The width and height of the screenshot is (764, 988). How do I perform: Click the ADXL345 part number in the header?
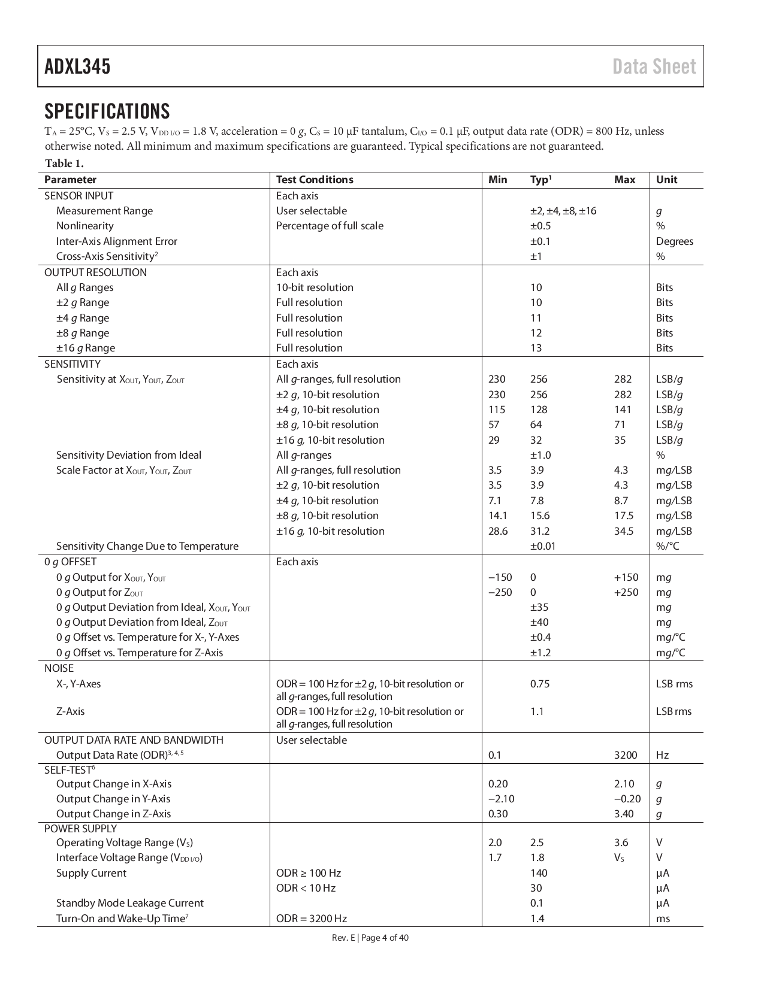click(x=77, y=66)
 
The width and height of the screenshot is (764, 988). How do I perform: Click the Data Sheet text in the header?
click(x=654, y=66)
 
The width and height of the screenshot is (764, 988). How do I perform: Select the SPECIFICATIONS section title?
click(x=107, y=111)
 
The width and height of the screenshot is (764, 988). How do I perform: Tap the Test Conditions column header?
click(x=315, y=180)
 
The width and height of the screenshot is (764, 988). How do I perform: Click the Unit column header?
click(x=666, y=180)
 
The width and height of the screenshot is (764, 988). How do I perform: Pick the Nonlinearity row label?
click(x=84, y=226)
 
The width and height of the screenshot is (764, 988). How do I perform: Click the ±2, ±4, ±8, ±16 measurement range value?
click(x=563, y=211)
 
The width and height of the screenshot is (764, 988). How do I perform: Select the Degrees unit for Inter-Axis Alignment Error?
click(x=674, y=241)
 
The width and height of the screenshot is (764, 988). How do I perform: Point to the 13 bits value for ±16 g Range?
click(x=536, y=348)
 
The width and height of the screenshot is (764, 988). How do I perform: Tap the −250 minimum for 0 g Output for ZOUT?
click(x=500, y=592)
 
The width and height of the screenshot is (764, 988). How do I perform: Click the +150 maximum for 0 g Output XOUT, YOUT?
click(x=626, y=577)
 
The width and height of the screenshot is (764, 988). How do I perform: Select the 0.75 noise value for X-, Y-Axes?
click(x=539, y=684)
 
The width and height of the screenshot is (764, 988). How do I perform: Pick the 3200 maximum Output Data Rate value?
click(x=625, y=755)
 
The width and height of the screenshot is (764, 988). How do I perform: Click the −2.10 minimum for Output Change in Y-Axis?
click(x=501, y=799)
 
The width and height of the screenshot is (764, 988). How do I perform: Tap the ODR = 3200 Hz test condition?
click(x=311, y=919)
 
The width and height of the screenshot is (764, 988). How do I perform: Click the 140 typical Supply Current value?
click(x=538, y=873)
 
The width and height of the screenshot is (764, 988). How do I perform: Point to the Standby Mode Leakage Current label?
click(x=129, y=903)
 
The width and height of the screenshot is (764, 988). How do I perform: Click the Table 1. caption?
click(x=64, y=163)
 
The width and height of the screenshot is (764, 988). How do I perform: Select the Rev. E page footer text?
click(x=370, y=938)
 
